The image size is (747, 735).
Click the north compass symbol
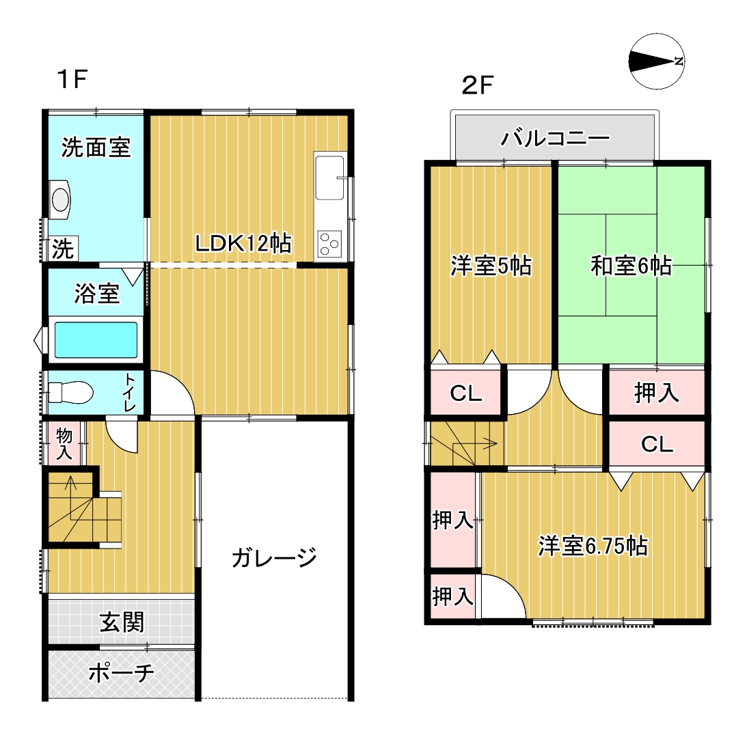657,61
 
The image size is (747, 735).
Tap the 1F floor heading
72,79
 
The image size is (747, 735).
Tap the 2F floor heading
477,85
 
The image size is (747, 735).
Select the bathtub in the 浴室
96,340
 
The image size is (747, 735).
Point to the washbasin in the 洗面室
60,199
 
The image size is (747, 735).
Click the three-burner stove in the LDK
329,245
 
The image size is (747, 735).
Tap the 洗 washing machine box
63,249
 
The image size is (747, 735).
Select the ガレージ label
275,557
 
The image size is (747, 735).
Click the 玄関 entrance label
122,622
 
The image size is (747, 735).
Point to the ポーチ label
121,673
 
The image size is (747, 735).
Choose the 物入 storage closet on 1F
64,443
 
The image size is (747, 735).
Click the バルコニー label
554,138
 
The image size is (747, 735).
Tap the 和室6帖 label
631,266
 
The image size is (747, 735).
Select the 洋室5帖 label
491,266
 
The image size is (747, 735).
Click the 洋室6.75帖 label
593,546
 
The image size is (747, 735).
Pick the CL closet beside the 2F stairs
465,393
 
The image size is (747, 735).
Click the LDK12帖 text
243,243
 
